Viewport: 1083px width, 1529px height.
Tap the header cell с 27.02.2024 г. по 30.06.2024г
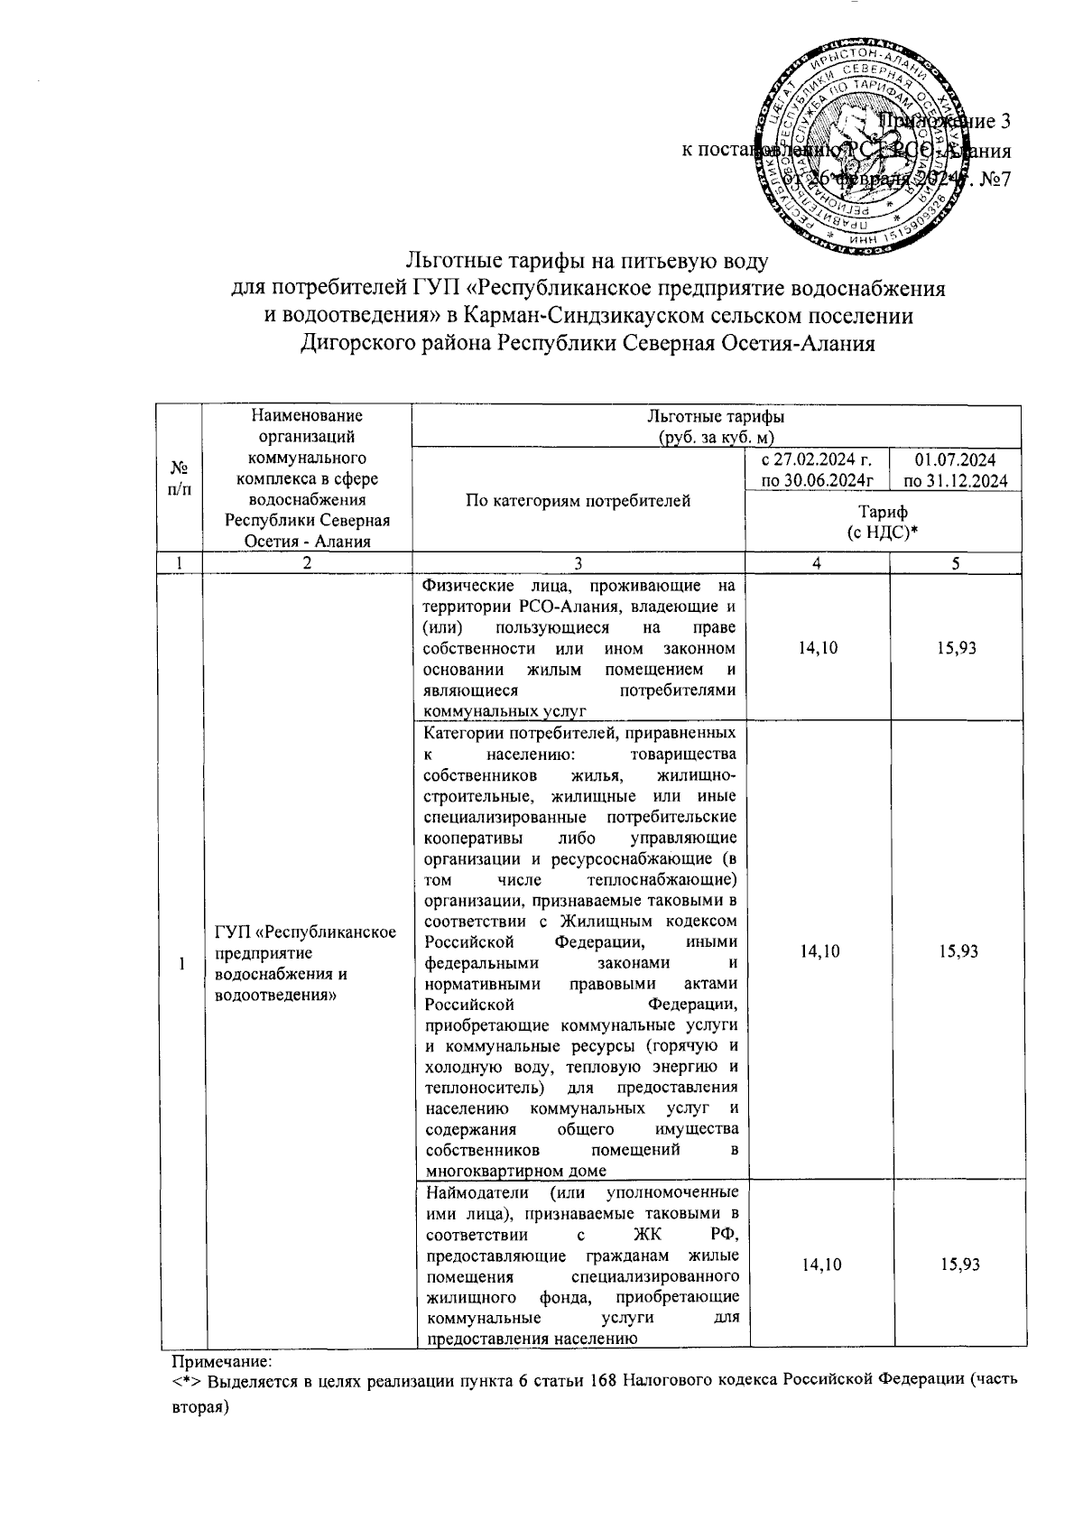point(816,470)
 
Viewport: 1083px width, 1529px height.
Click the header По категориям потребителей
point(578,500)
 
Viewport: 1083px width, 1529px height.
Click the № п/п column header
point(181,477)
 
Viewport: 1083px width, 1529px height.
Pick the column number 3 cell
point(578,562)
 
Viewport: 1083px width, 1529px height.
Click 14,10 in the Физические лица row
point(816,648)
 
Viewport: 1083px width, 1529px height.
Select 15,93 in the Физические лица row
point(957,648)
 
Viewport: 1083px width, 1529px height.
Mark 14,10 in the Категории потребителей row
point(816,951)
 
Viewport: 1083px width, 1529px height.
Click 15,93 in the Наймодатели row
point(958,1265)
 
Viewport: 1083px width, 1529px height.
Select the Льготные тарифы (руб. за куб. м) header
point(715,426)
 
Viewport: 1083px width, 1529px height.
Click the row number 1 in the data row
point(181,964)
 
